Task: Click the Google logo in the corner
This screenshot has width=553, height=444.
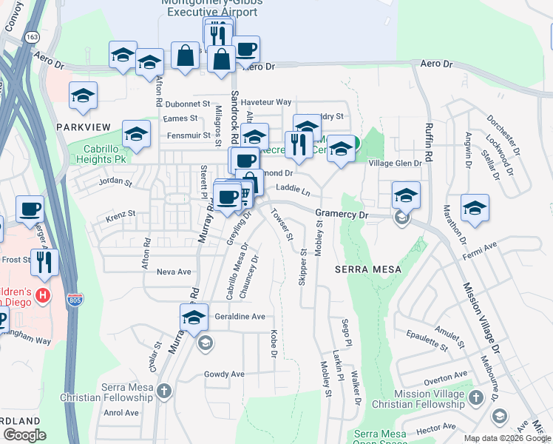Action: [24, 434]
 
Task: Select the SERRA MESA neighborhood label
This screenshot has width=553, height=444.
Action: [367, 269]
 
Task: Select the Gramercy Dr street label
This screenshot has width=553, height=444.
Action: [342, 214]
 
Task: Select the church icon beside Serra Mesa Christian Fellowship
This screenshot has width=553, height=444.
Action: [164, 389]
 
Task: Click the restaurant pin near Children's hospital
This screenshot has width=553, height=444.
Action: [44, 262]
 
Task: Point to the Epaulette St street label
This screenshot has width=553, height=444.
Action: [427, 340]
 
